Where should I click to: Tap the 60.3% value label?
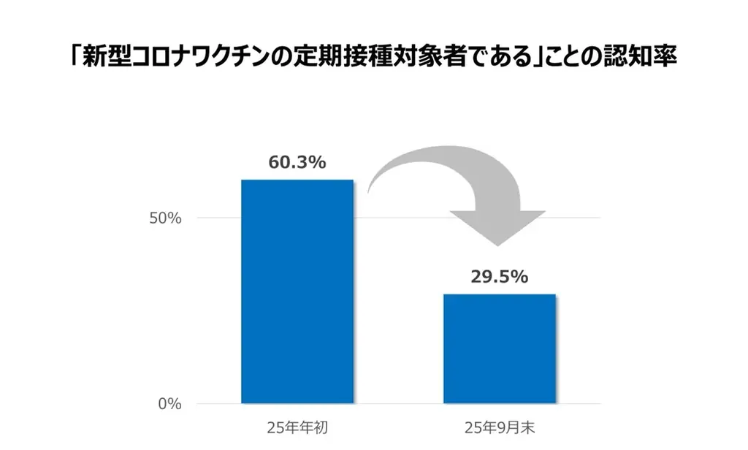pos(297,162)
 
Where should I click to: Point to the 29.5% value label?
pos(499,277)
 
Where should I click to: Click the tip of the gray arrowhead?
pos(497,245)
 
